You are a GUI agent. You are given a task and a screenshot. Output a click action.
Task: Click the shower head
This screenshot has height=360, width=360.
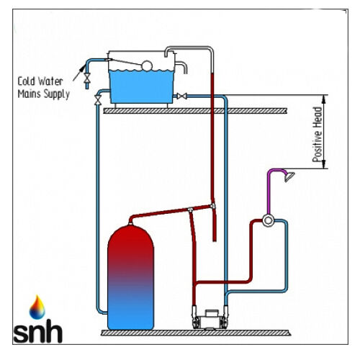coord(289,176)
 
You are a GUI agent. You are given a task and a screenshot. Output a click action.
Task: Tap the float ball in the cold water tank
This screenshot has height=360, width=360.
coord(147,66)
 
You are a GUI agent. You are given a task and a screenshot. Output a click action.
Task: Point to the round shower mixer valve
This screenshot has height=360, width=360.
coord(268,220)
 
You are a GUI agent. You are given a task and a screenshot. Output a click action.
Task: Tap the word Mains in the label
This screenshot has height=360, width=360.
coord(28,94)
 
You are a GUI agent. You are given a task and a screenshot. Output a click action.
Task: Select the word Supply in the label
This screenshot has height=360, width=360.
coord(55,94)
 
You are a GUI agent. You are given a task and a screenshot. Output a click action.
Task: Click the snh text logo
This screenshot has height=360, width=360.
coord(38,330)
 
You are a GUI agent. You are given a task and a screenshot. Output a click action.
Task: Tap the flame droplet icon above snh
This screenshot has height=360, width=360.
coord(37,307)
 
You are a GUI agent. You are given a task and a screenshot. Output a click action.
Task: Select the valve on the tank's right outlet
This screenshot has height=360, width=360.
coord(181,96)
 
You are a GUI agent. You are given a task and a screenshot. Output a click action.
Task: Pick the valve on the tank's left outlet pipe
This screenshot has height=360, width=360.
coord(98,99)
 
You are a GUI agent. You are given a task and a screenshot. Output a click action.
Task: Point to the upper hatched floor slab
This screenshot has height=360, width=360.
coord(195,111)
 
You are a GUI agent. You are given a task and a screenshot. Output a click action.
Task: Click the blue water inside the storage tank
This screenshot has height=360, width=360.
coord(141,86)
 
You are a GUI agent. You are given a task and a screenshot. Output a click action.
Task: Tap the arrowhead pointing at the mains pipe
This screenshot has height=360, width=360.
coord(82,68)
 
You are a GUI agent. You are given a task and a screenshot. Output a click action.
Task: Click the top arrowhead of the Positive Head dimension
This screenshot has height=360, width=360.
coord(324,99)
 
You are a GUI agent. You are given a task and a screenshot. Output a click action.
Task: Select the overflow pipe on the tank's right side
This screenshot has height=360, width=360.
coord(182,66)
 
